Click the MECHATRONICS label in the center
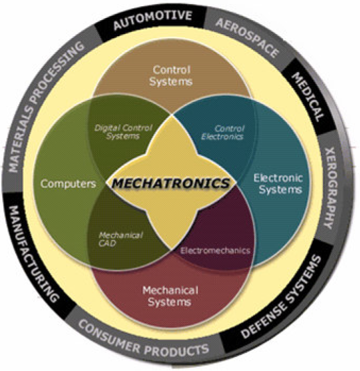[171, 183]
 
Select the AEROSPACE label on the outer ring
[247, 37]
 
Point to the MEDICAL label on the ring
[308, 97]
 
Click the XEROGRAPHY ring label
[332, 189]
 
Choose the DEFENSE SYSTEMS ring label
[281, 296]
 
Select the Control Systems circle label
[171, 76]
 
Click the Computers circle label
[68, 184]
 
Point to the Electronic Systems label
[278, 184]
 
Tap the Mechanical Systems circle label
[170, 296]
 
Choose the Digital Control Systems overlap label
[123, 132]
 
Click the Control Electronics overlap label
[223, 132]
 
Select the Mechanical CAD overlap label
[121, 239]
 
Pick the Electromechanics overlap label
[215, 250]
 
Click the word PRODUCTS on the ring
[177, 349]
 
